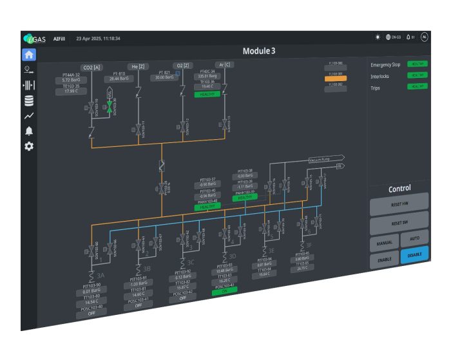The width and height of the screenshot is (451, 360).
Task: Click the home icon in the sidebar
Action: click(29, 55)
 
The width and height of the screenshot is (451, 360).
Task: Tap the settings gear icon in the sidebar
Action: click(29, 146)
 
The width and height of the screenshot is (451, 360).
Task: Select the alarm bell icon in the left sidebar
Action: click(29, 131)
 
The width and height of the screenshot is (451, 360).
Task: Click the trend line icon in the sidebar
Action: click(29, 116)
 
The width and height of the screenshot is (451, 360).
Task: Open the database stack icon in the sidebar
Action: click(29, 100)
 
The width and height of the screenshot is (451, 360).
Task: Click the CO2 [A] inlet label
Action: click(91, 67)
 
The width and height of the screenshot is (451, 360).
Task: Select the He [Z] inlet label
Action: click(137, 66)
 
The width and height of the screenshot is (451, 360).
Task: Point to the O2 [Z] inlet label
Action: click(182, 66)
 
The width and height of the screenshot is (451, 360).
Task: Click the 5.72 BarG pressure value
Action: click(71, 80)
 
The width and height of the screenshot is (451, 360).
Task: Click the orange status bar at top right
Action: click(336, 78)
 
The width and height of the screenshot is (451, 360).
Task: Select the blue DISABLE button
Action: click(414, 255)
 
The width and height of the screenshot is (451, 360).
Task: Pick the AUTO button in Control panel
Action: click(414, 238)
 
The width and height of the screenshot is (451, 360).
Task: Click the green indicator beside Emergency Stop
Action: click(417, 64)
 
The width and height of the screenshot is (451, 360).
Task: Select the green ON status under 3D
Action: click(225, 290)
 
